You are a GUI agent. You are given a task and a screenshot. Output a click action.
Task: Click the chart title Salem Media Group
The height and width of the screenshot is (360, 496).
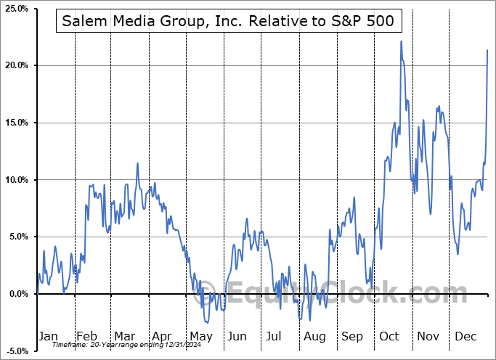(x=228, y=21)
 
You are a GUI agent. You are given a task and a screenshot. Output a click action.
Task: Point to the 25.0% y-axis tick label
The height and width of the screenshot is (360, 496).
(x=16, y=9)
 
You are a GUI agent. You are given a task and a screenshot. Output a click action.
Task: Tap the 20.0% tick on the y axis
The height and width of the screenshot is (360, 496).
(x=16, y=66)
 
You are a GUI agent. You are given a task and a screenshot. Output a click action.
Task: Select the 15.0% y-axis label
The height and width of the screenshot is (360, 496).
(x=16, y=123)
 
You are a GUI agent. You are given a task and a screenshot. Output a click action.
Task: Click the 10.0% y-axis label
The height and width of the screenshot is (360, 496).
(x=16, y=180)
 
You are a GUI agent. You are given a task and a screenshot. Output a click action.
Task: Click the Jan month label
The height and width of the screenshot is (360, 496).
(x=47, y=336)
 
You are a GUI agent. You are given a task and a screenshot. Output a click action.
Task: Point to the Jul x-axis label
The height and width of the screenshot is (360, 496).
(x=274, y=336)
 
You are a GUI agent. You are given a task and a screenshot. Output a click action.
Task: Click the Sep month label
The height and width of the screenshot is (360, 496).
(x=351, y=336)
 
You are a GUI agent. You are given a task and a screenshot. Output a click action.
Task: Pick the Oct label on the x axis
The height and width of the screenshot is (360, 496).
(x=389, y=336)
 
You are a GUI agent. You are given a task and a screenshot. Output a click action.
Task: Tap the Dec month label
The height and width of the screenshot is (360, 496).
(x=465, y=336)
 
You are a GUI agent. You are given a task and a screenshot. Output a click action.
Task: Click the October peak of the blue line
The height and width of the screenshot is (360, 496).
(x=401, y=41)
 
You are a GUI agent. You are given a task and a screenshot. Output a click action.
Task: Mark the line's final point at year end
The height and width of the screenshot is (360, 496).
(x=487, y=49)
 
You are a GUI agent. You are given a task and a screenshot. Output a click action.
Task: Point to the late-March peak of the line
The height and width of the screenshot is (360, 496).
(x=137, y=164)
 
